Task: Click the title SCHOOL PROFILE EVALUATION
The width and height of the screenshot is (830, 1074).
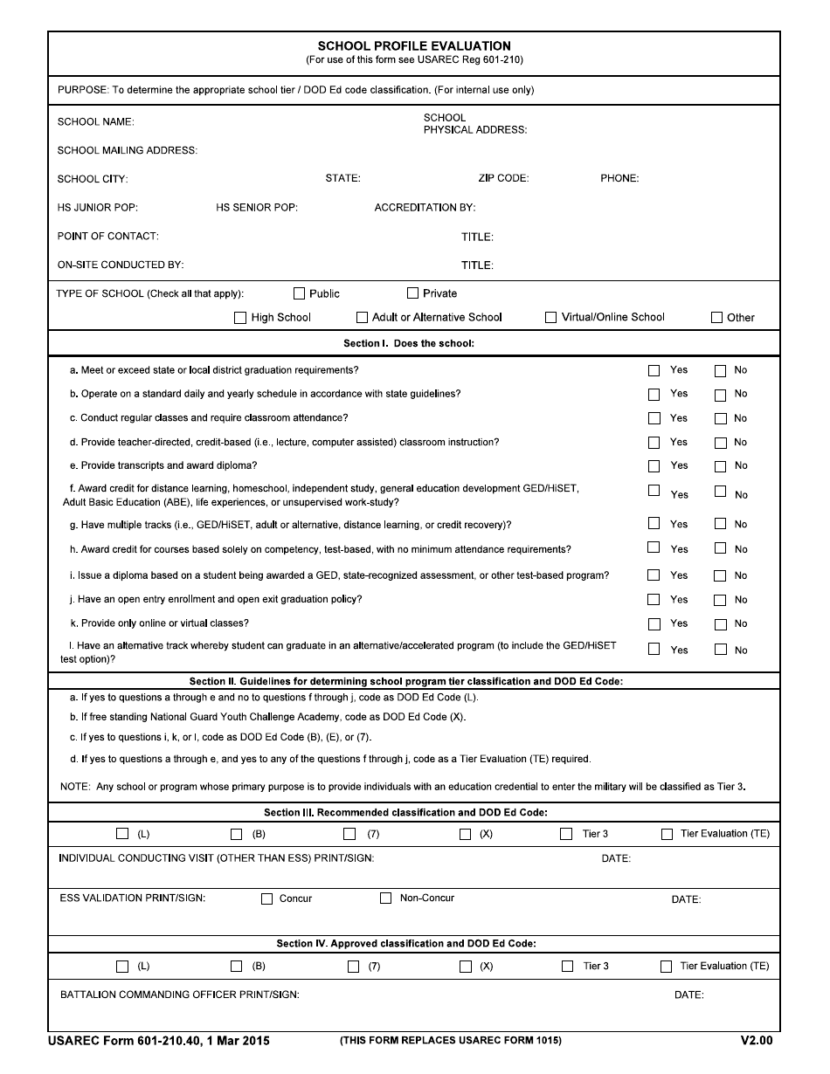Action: [414, 46]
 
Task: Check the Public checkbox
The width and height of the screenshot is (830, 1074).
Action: [300, 293]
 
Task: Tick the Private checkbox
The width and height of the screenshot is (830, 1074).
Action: [413, 293]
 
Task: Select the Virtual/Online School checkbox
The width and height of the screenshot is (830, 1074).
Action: [550, 317]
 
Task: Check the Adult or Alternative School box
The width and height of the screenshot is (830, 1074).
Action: [362, 318]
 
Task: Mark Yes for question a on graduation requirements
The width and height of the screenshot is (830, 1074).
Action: [654, 370]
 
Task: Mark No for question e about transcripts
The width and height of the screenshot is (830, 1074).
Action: [720, 466]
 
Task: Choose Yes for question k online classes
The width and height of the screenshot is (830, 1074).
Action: [654, 623]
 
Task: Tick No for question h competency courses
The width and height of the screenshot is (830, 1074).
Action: [720, 548]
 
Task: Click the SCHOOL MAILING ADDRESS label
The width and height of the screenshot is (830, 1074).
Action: [127, 150]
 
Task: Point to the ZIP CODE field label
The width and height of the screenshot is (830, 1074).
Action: [503, 178]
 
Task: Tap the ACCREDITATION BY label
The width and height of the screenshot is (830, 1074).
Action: [425, 208]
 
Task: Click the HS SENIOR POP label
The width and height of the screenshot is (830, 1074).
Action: [257, 208]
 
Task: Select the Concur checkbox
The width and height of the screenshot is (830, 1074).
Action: [267, 898]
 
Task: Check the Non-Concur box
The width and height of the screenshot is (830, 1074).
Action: [385, 898]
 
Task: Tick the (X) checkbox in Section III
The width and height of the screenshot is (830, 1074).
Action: [466, 834]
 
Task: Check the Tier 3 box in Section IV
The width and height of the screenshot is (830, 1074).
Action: [567, 966]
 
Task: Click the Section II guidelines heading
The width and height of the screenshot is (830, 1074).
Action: [406, 681]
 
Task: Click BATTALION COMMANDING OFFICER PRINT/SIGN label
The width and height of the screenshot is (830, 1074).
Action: [180, 995]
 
